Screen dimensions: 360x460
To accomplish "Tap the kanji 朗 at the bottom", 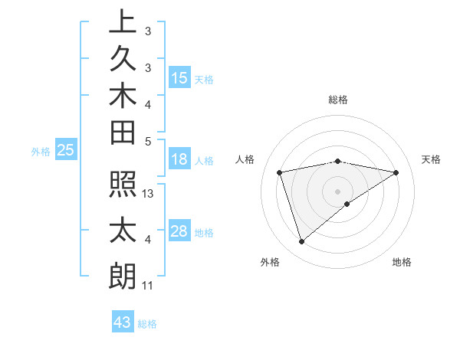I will pos(123,277).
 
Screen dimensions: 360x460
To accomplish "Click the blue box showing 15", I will pos(179,77).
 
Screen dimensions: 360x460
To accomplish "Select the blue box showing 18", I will pos(179,159).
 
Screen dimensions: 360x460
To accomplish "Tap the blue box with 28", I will pos(179,232).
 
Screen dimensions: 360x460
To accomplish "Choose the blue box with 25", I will pos(66,151).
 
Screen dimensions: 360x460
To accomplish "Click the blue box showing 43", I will pos(123,322).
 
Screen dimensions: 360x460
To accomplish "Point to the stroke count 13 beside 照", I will pos(149,194).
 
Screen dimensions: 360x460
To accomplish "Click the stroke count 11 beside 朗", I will pos(148,286).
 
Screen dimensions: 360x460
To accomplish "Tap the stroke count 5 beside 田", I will pos(148,140).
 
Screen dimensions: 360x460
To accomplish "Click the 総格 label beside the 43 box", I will pos(147,324).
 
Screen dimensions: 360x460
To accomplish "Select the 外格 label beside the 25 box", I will pos(41,152).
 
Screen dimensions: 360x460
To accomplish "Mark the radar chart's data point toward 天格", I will pos(396,172).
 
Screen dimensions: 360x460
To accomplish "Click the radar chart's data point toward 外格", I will pos(301,242).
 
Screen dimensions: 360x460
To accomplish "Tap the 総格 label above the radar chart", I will pos(337,100).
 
